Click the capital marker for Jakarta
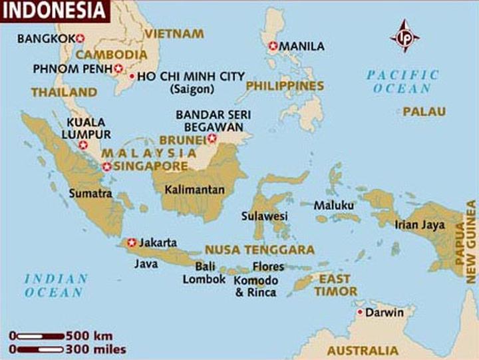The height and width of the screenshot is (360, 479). [132, 242]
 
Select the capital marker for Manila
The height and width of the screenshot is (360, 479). [273, 46]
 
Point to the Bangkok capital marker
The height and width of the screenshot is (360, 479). [81, 38]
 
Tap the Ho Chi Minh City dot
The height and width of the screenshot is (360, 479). [132, 77]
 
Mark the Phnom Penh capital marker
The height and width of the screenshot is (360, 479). [118, 68]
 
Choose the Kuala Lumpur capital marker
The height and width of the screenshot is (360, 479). [83, 144]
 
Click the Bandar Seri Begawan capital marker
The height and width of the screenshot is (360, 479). [212, 138]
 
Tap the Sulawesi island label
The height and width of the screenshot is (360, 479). [264, 216]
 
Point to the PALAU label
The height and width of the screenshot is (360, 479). [424, 112]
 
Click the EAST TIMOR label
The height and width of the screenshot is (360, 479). [336, 285]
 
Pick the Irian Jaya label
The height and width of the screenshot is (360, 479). [419, 225]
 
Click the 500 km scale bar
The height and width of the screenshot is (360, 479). [38, 335]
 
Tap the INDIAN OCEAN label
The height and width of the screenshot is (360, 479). [55, 285]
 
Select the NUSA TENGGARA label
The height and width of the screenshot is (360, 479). [259, 250]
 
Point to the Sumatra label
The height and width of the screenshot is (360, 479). [90, 194]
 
